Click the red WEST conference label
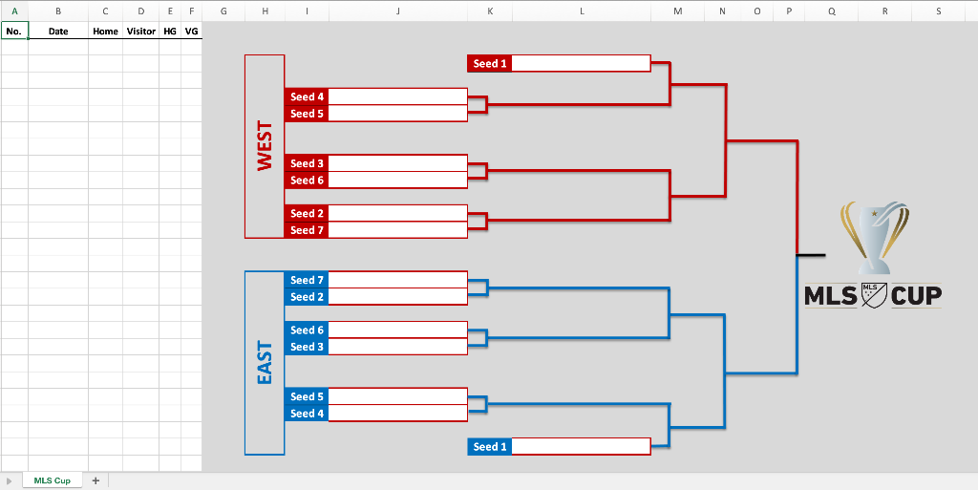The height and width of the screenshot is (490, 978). click(265, 146)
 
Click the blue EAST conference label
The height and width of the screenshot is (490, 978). click(265, 362)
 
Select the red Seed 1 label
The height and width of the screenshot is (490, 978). click(490, 64)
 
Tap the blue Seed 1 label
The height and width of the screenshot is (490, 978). click(490, 446)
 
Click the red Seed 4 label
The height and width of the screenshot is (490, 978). click(307, 96)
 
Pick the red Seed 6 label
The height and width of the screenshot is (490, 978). click(307, 181)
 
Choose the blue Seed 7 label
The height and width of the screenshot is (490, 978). click(307, 280)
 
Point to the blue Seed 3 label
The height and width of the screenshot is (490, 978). click(307, 347)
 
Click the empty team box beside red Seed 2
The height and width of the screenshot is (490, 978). click(398, 213)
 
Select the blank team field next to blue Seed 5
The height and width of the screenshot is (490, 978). click(398, 396)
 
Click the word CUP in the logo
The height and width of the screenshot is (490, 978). click(916, 295)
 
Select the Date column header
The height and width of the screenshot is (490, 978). click(58, 32)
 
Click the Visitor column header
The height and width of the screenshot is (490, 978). click(141, 32)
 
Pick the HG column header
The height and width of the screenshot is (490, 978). click(170, 32)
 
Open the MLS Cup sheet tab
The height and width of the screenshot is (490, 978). click(53, 480)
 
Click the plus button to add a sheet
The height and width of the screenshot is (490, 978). click(96, 480)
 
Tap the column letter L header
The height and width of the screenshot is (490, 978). click(582, 11)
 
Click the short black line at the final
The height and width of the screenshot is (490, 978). click(811, 254)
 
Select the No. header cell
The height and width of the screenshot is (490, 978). click(14, 32)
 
